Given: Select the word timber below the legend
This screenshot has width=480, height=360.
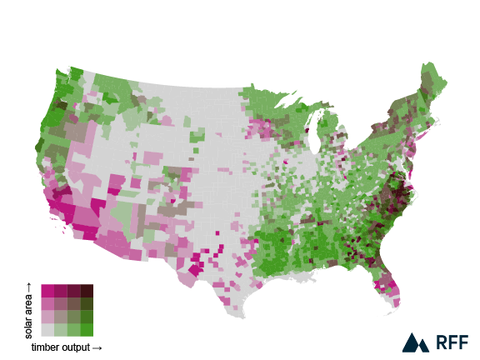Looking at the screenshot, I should click(45, 348).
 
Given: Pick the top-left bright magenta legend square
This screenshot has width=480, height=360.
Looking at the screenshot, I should click(47, 291).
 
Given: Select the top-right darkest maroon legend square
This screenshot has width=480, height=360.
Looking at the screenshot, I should click(87, 291).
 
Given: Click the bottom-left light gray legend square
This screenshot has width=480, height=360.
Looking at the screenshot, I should click(47, 330).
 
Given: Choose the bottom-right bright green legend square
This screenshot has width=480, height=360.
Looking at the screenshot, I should click(87, 330).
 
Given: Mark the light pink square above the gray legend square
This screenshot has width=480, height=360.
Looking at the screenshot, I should click(47, 317).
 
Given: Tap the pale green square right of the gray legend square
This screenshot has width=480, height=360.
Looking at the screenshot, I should click(60, 330).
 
